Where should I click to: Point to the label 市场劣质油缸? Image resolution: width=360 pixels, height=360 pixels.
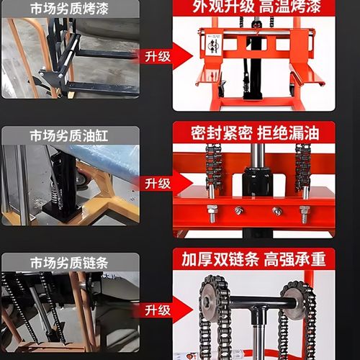70,135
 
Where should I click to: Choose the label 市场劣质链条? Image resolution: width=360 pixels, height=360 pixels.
70,260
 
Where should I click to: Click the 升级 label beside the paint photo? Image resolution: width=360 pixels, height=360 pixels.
157,55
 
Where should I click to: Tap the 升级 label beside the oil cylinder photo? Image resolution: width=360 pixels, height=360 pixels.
157,184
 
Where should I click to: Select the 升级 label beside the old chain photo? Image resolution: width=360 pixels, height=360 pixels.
157,310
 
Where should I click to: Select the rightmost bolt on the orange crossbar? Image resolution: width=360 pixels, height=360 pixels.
305,213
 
